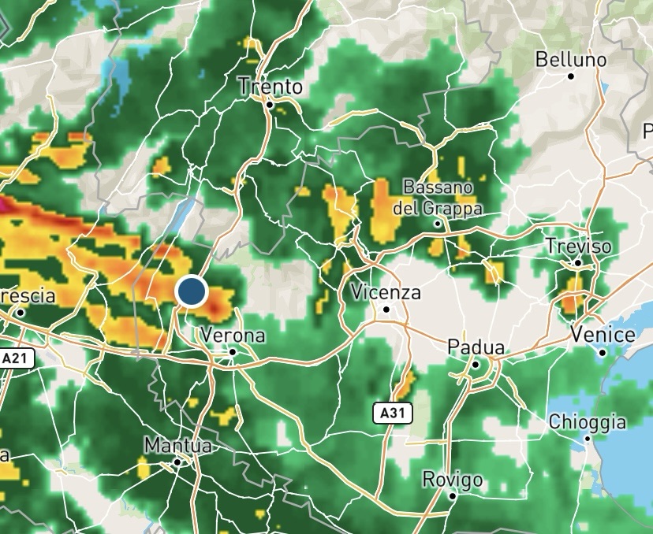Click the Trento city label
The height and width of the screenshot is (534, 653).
270,86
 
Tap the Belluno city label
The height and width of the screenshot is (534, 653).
571,60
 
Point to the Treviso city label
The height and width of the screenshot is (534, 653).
578,247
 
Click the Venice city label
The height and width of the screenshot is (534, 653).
603,335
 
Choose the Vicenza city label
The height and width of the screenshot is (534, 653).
386,292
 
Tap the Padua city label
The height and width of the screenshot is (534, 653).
476,347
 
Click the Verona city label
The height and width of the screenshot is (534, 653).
233,335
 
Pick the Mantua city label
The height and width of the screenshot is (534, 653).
177,445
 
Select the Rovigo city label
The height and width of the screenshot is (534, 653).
452,479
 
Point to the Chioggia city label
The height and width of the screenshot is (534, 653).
588,421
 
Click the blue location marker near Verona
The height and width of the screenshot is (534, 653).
191,291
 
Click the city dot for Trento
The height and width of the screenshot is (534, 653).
270,103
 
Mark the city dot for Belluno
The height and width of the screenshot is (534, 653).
571,76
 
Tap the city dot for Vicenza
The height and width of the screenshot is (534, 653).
386,310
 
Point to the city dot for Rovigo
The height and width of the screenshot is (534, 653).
453,496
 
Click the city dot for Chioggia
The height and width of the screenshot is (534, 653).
588,438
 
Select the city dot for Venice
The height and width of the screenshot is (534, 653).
603,352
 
